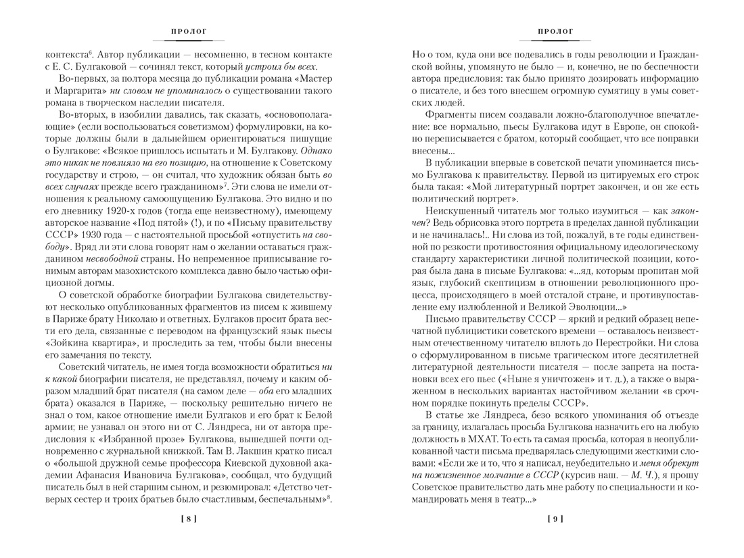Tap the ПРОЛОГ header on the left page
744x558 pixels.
pyautogui.click(x=189, y=31)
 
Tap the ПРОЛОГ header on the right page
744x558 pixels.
pyautogui.click(x=555, y=31)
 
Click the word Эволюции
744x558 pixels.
pyautogui.click(x=572, y=307)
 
